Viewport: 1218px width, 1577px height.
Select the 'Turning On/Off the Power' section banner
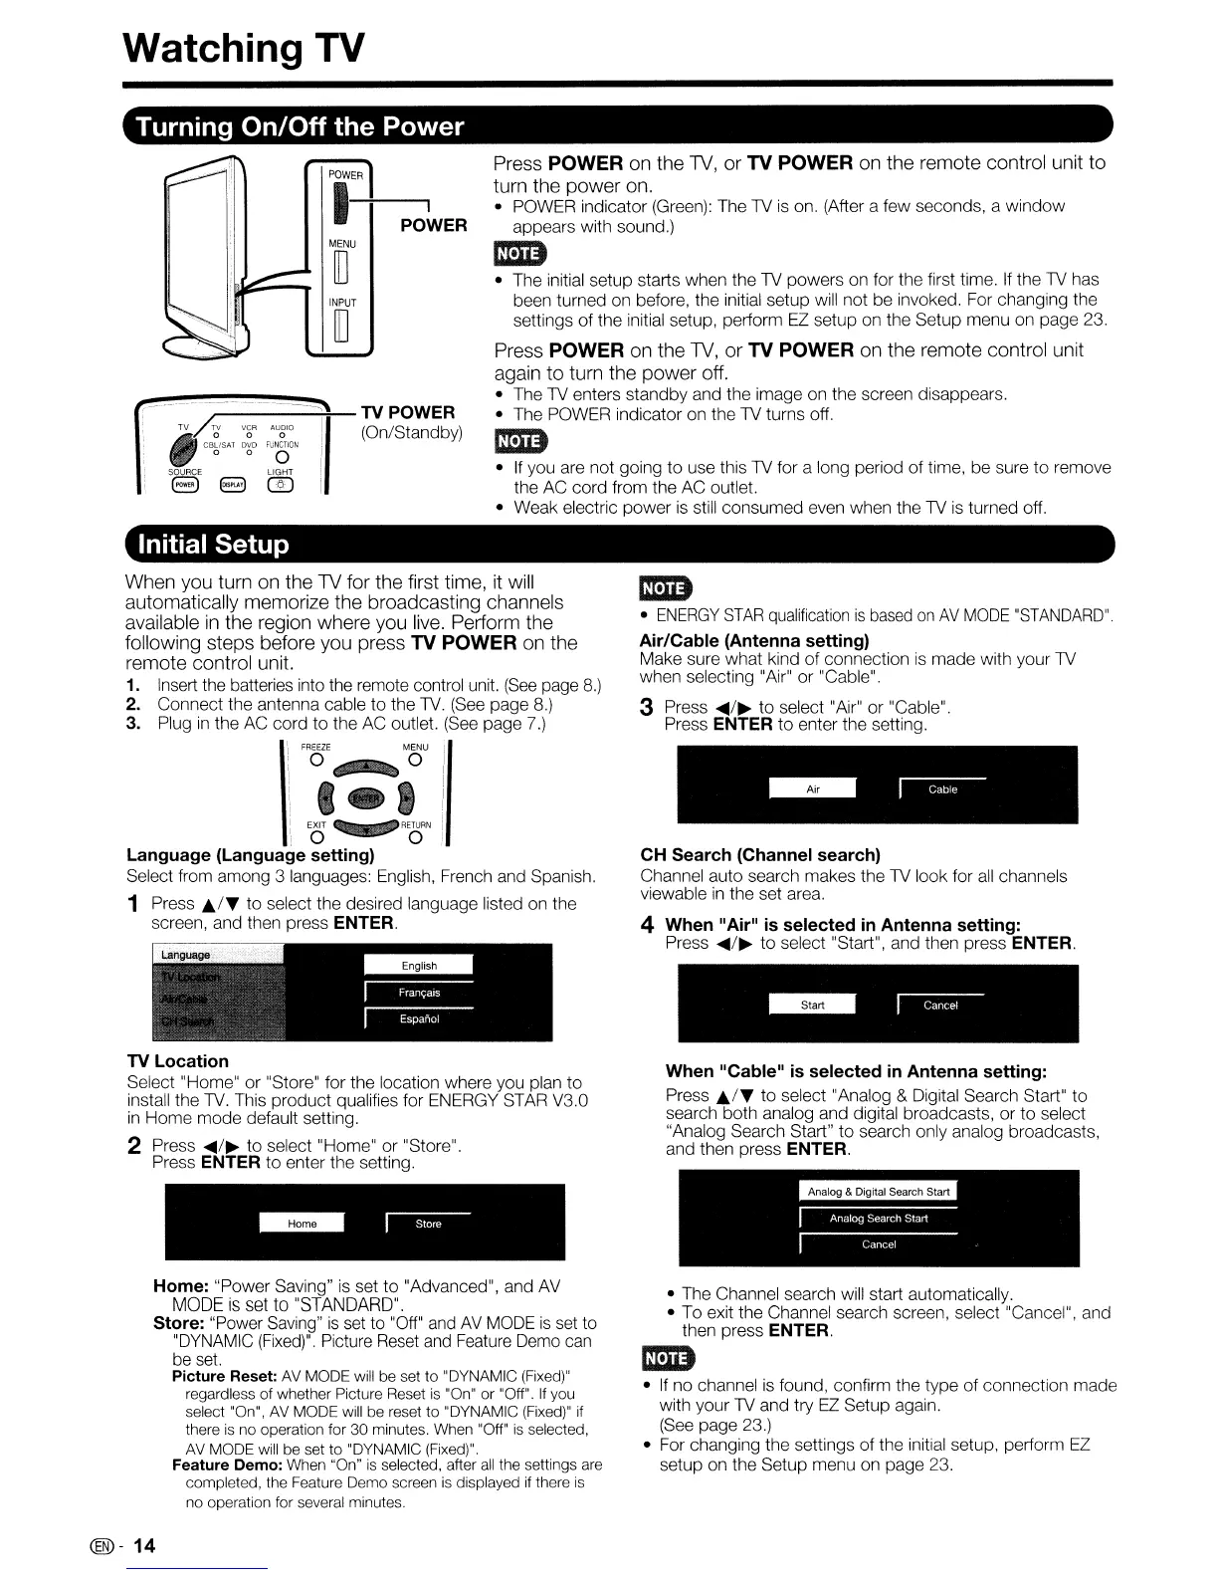pos(300,127)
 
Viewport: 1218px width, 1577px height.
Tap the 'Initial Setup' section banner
pos(215,545)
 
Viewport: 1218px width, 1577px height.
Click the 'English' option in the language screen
pos(419,966)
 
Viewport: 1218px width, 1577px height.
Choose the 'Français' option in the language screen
pos(419,993)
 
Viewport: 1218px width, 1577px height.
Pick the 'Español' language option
pos(419,1019)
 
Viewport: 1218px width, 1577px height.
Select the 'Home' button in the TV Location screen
pos(302,1224)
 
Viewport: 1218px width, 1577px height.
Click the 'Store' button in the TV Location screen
pos(428,1224)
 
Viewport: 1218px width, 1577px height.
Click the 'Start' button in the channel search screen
pos(812,1006)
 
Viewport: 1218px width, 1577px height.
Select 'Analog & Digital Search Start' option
pos(878,1192)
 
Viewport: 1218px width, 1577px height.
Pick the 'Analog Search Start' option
pos(878,1219)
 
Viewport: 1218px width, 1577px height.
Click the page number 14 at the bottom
pos(145,1545)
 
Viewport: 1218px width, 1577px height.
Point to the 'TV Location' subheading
pos(178,1061)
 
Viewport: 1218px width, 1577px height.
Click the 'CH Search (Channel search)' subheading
pos(761,855)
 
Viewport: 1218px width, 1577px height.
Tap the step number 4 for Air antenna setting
pos(647,926)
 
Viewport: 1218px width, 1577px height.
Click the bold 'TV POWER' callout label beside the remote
pos(408,413)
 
